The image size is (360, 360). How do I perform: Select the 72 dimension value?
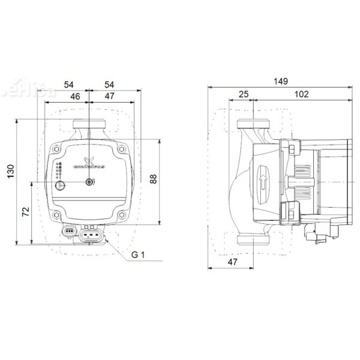click(26, 213)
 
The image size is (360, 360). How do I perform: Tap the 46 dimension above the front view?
click(75, 95)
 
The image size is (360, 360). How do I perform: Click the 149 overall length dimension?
click(280, 81)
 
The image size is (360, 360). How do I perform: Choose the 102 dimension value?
click(302, 94)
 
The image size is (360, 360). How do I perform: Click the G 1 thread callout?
click(139, 255)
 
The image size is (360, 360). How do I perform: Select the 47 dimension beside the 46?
click(109, 95)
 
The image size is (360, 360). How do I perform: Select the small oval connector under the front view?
click(70, 230)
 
